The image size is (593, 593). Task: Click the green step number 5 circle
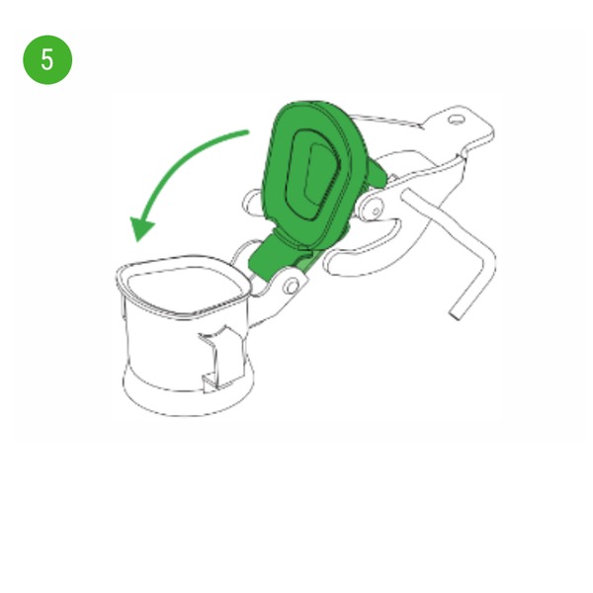click(47, 59)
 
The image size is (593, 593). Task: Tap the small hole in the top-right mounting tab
click(457, 120)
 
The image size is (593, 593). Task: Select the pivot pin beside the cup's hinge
click(292, 286)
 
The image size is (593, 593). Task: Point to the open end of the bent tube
click(456, 315)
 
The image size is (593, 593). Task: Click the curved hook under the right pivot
click(363, 251)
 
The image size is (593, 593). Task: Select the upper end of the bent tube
click(408, 196)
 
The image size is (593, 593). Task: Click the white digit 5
click(46, 59)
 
